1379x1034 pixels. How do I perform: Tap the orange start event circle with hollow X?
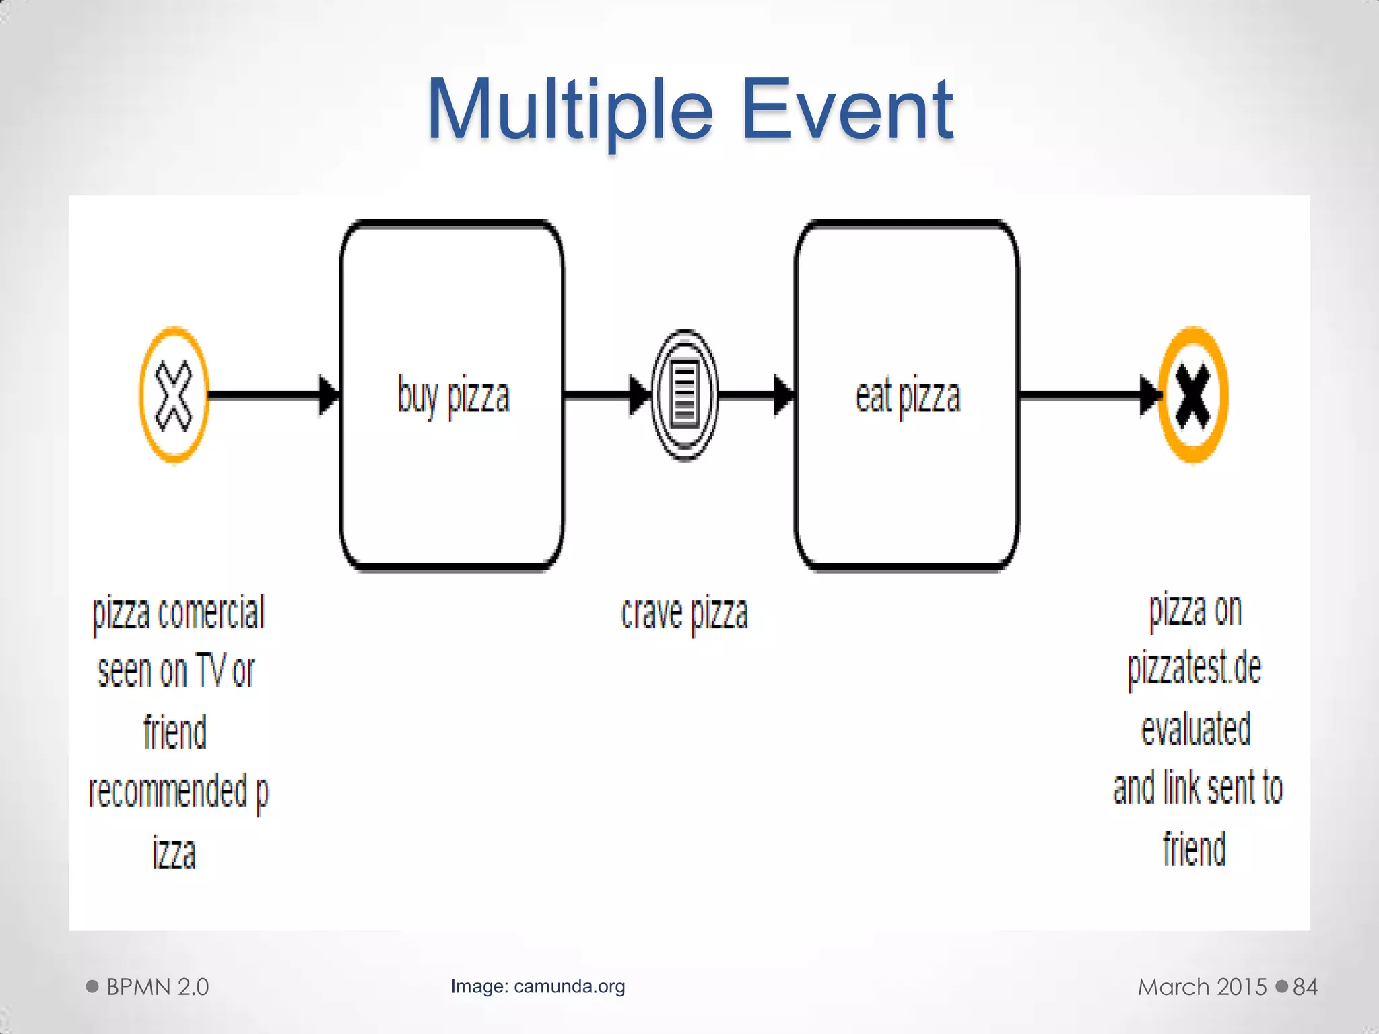coord(174,395)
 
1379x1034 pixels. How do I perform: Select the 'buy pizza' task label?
coord(453,396)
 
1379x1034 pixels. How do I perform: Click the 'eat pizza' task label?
coord(908,396)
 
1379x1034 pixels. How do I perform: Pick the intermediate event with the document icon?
coord(685,395)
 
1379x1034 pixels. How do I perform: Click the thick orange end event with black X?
coord(1193,395)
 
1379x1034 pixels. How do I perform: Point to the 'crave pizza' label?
coord(684,613)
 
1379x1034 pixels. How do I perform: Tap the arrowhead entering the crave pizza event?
coord(640,395)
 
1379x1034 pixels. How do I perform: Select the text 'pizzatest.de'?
coord(1195,668)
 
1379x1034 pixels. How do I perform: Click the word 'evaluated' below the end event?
coord(1196,728)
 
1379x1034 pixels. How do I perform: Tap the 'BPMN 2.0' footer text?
coord(158,987)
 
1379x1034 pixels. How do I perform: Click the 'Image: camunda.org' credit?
coord(538,986)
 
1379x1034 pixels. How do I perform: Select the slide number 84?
coord(1305,987)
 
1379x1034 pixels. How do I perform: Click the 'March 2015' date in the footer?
coord(1203,987)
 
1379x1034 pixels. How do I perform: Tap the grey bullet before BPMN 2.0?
coord(92,987)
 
